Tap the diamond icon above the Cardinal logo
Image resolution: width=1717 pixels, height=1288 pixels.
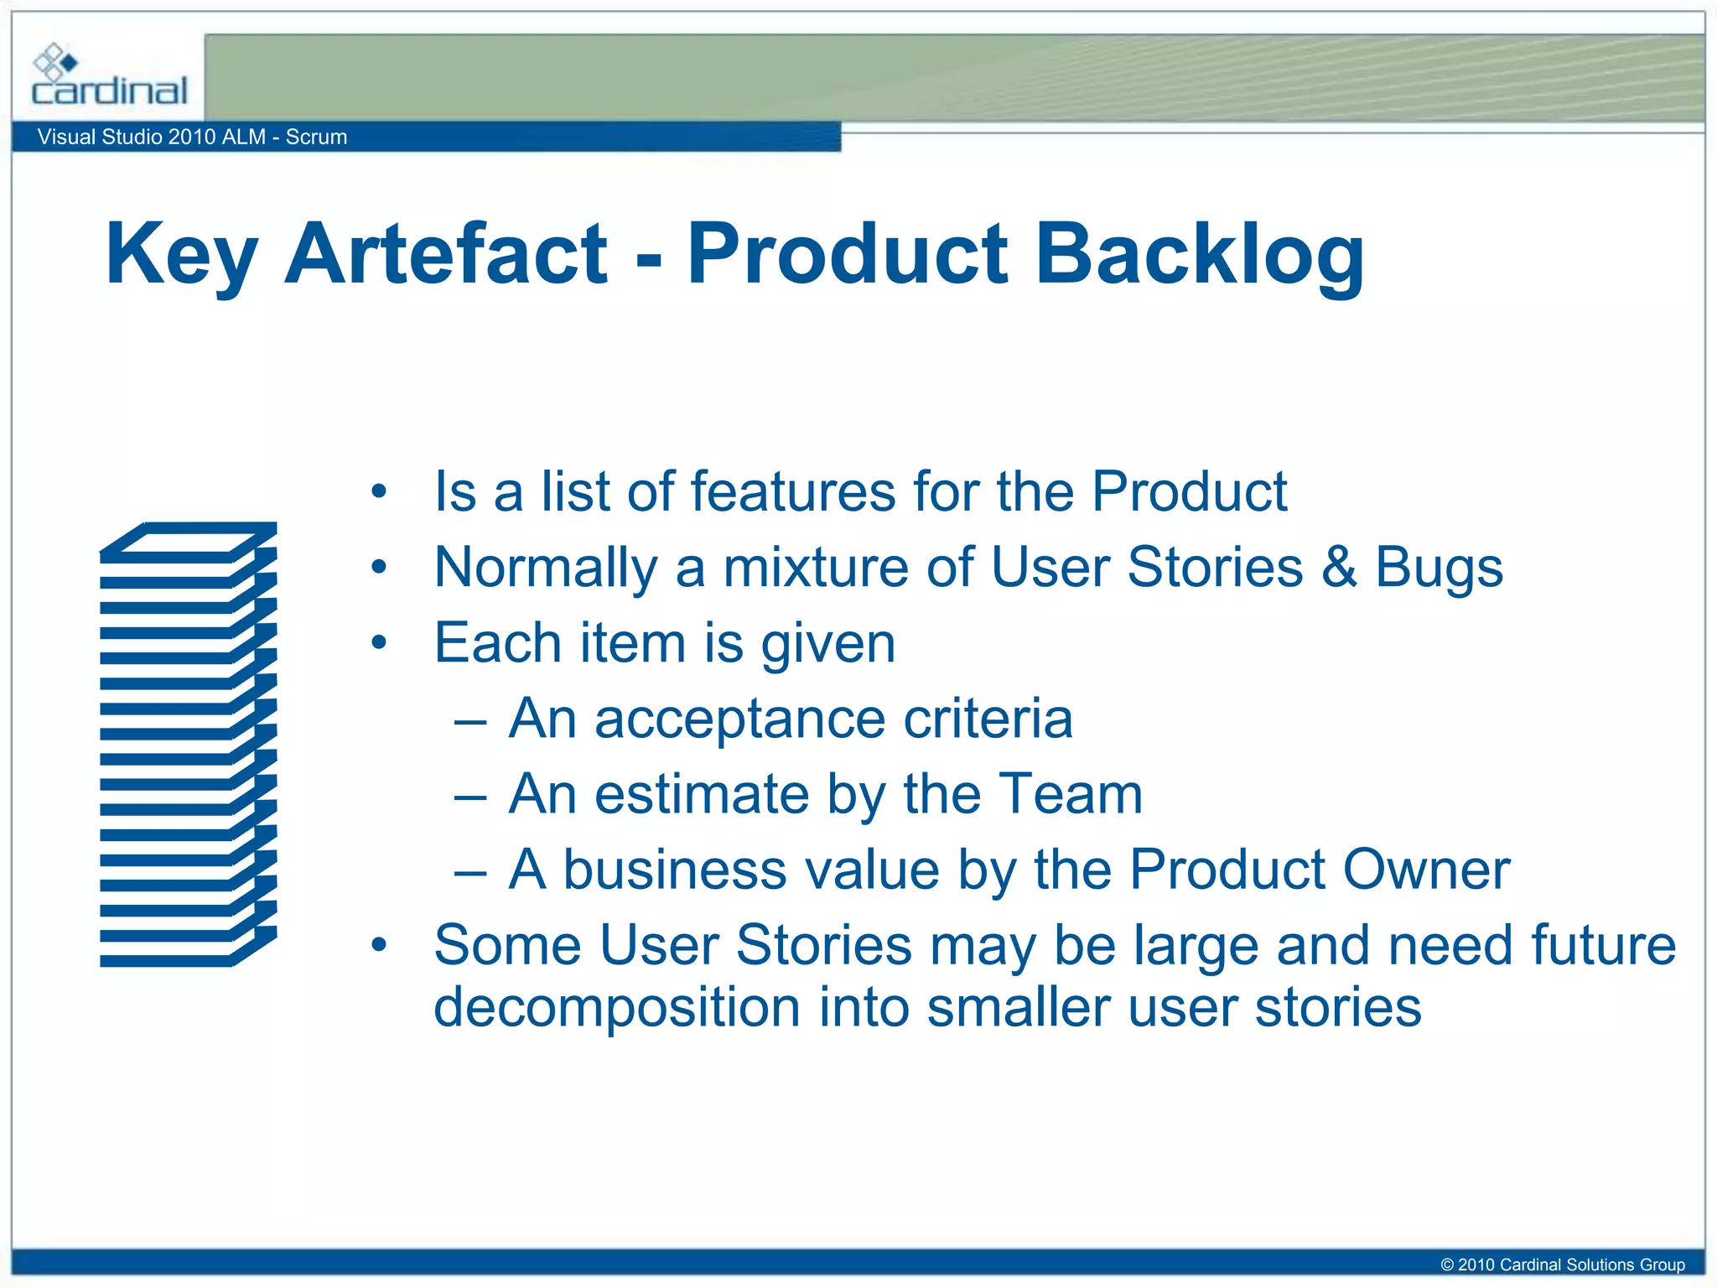(54, 61)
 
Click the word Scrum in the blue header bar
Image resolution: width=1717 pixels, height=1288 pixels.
(316, 137)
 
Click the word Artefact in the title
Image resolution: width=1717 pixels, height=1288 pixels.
(445, 253)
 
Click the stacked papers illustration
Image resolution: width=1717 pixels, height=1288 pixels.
(188, 744)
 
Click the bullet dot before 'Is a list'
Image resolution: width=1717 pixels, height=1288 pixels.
(379, 492)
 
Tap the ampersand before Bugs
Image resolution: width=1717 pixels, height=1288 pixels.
(1339, 567)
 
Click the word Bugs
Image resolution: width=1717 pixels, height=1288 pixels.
(1439, 569)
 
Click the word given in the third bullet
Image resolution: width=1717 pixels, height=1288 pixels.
(828, 644)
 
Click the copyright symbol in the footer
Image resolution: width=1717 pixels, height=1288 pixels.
(1446, 1265)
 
